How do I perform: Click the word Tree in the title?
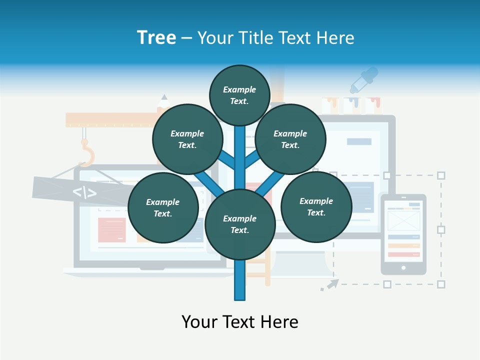coord(156,37)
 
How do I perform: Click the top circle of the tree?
coord(239,95)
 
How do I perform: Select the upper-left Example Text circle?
coord(187,139)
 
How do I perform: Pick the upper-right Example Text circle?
coord(290,139)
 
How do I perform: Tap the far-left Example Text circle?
coord(163,207)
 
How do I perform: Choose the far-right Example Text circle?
coord(316,206)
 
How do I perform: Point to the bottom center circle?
coord(240,224)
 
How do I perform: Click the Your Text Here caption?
coord(240,322)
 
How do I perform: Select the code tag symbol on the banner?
coord(84,192)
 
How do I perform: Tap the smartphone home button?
coord(403,268)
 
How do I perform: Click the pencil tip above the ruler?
coord(164,97)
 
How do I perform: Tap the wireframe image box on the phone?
coord(403,220)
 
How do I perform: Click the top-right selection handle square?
coord(441,175)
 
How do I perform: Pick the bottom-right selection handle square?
coord(441,284)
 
